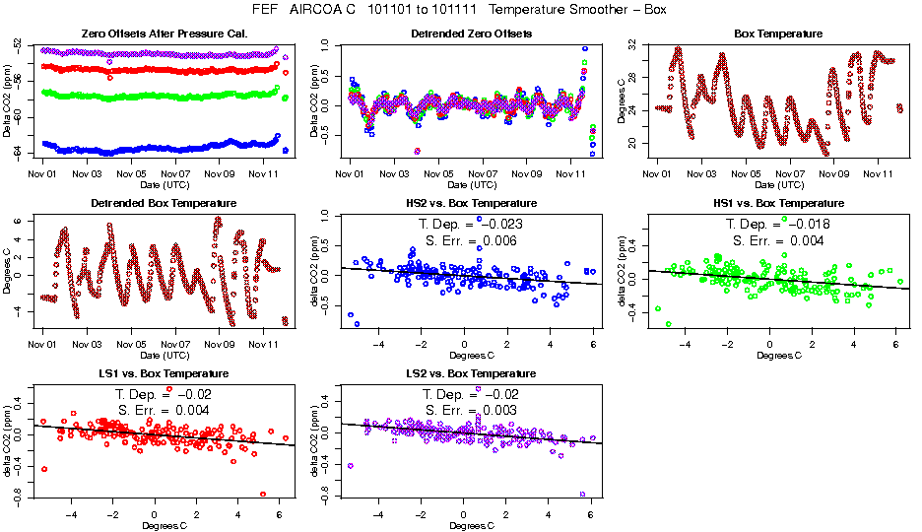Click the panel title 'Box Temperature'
pos(778,33)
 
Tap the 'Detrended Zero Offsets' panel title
pos(471,33)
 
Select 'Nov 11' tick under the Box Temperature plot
pos(878,173)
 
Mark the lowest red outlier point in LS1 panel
pos(263,495)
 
